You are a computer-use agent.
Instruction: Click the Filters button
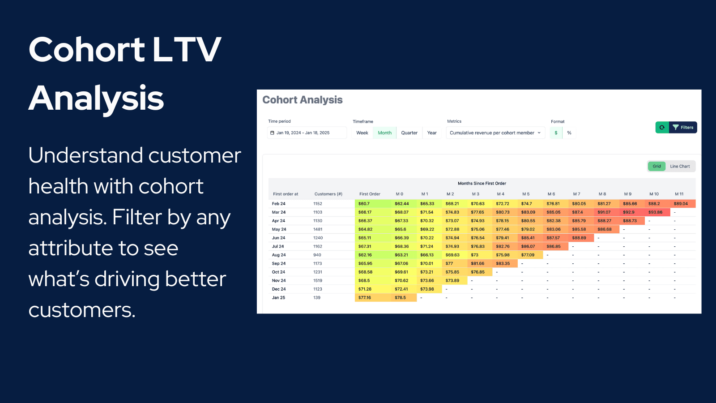(x=683, y=128)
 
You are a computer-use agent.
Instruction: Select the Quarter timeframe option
(x=409, y=133)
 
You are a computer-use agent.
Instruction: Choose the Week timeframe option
(x=362, y=133)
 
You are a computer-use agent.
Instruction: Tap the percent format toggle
(x=569, y=133)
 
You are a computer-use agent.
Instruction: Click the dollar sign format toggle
(x=556, y=133)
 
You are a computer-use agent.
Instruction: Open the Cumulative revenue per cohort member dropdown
(x=495, y=133)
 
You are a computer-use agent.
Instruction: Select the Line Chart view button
(x=680, y=167)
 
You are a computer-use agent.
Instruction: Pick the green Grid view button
(x=656, y=167)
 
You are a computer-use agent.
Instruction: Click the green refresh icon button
(x=662, y=128)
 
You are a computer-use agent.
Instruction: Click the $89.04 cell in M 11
(x=681, y=204)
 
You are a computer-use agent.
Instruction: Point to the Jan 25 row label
(x=278, y=298)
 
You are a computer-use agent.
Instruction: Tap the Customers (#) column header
(x=328, y=194)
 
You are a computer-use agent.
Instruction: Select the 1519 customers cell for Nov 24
(x=318, y=281)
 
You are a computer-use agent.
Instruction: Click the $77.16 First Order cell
(x=365, y=298)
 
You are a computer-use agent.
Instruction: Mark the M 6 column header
(x=551, y=194)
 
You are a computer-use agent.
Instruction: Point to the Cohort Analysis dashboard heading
(x=303, y=100)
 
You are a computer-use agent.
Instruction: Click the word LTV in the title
(x=187, y=49)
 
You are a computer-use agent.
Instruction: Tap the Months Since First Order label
(x=482, y=184)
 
